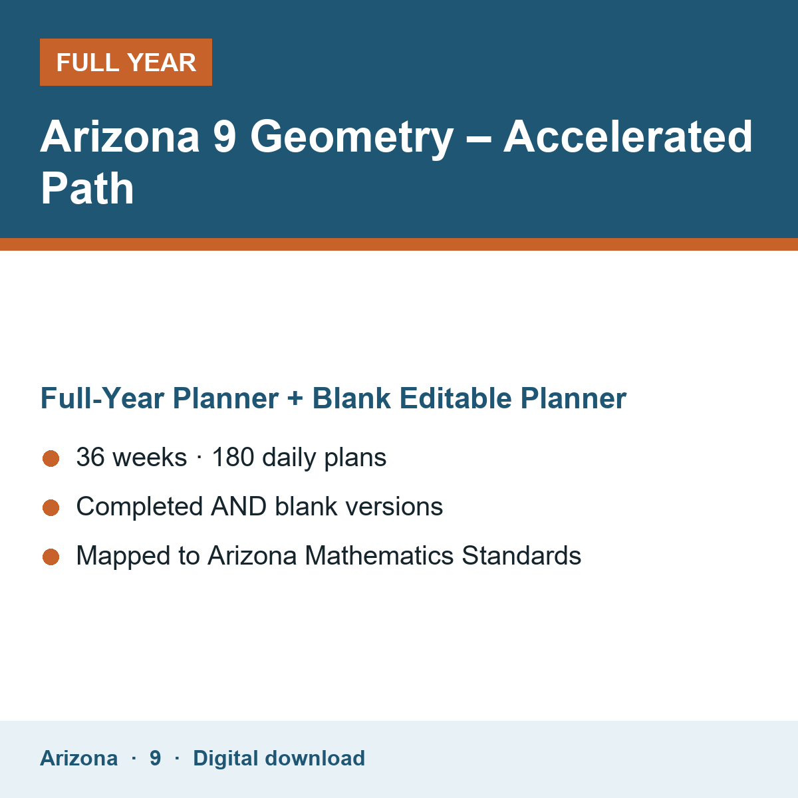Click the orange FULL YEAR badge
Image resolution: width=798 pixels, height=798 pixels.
point(126,62)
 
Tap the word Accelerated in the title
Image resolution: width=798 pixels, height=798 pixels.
point(628,136)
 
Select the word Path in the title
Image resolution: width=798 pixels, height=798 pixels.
point(87,188)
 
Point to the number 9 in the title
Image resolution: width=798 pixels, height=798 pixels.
point(225,136)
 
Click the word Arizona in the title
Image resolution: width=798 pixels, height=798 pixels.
point(120,136)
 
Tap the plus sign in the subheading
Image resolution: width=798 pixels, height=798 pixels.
point(295,399)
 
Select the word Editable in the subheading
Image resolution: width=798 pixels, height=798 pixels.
point(456,398)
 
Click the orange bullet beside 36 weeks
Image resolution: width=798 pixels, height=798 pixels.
point(51,458)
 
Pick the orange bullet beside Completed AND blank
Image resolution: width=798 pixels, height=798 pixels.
point(51,507)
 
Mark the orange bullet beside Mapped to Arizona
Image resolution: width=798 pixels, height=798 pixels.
point(51,557)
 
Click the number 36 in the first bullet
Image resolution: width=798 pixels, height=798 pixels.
point(90,457)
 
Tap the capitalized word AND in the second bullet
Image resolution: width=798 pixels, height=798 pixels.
point(239,507)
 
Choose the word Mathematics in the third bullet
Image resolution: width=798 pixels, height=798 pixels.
point(379,555)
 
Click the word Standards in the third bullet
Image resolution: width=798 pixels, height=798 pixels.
point(522,555)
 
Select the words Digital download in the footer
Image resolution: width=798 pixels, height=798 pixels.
point(279,758)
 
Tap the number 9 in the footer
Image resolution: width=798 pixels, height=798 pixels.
point(156,758)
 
